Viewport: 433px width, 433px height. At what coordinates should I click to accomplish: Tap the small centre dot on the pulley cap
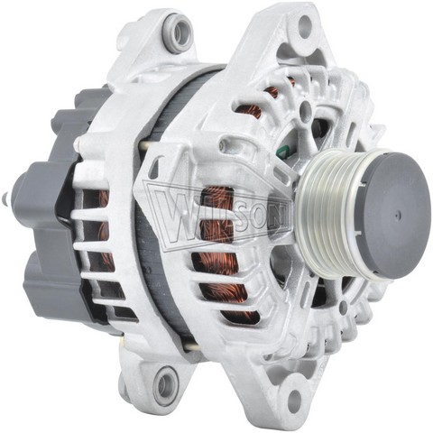[x=398, y=215]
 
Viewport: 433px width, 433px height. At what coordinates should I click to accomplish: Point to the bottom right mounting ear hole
[x=295, y=399]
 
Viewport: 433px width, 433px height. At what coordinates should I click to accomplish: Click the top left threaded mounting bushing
[x=180, y=31]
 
